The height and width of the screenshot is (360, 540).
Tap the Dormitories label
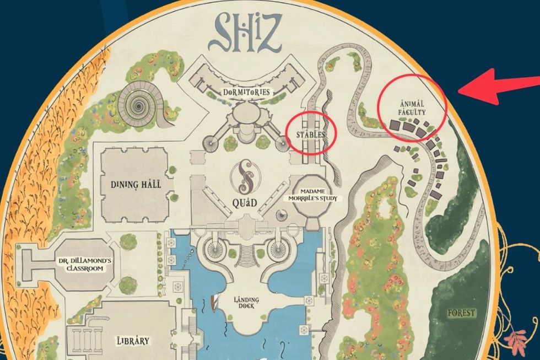(246, 92)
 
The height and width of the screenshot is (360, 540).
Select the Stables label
(311, 134)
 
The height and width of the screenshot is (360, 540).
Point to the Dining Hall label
(135, 184)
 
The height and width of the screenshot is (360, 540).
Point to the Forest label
(461, 313)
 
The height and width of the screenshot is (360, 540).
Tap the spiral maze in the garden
(135, 101)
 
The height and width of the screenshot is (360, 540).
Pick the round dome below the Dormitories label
(246, 115)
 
